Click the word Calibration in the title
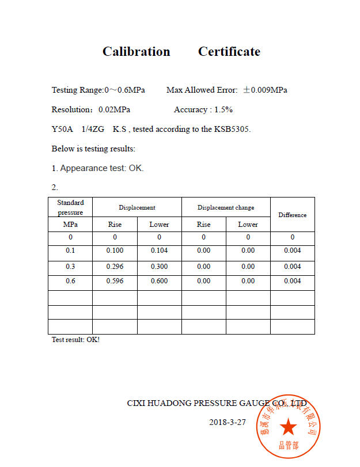click(136, 52)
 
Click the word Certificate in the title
click(229, 52)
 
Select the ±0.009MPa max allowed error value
click(265, 90)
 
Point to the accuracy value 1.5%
click(223, 110)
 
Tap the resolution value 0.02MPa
click(114, 110)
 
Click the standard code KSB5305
click(232, 130)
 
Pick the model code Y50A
click(62, 130)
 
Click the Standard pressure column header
click(70, 207)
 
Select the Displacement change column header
click(226, 207)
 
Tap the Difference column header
click(293, 215)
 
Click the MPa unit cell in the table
click(70, 225)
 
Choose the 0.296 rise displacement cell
click(115, 267)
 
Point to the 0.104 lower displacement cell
click(159, 250)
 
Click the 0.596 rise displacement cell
click(115, 282)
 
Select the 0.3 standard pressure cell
click(70, 267)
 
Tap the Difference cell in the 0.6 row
click(293, 282)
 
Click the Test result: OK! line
click(75, 340)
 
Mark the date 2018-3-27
click(228, 422)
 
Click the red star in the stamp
click(289, 427)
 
